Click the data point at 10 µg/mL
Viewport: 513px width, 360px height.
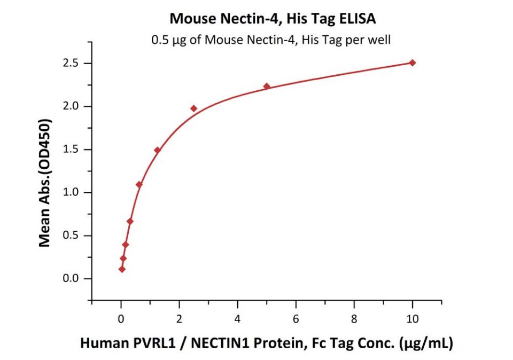pyautogui.click(x=412, y=62)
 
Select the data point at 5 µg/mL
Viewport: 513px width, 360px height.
pyautogui.click(x=267, y=86)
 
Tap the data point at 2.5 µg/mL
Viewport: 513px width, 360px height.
pyautogui.click(x=193, y=108)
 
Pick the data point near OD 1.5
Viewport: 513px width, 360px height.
pyautogui.click(x=157, y=150)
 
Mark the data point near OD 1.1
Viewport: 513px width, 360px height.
pyautogui.click(x=139, y=185)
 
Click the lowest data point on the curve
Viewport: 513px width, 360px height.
pyautogui.click(x=122, y=269)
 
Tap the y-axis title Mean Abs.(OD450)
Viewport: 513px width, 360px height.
pyautogui.click(x=46, y=182)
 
